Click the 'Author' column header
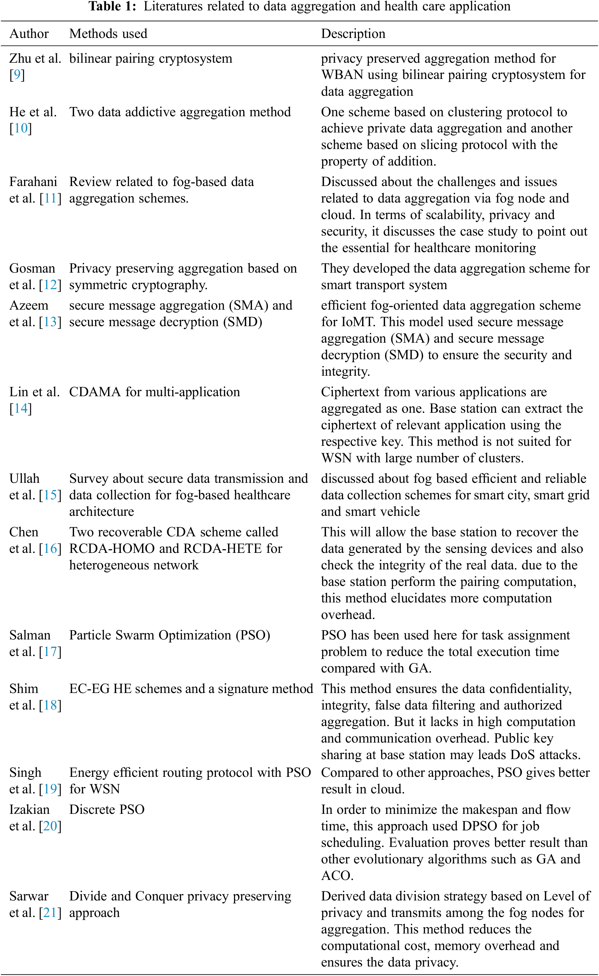point(29,34)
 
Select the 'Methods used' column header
point(108,34)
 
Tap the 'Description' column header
point(353,34)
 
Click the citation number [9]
point(17,75)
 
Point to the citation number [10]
point(21,128)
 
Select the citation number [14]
point(21,408)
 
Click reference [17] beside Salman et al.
point(50,652)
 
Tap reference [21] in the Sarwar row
point(50,913)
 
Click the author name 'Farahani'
point(33,182)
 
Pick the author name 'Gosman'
point(32,269)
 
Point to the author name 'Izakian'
point(30,810)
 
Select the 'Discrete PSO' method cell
point(107,810)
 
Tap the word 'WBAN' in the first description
point(342,75)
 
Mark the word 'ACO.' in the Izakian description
point(337,876)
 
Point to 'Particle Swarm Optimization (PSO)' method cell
point(170,635)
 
